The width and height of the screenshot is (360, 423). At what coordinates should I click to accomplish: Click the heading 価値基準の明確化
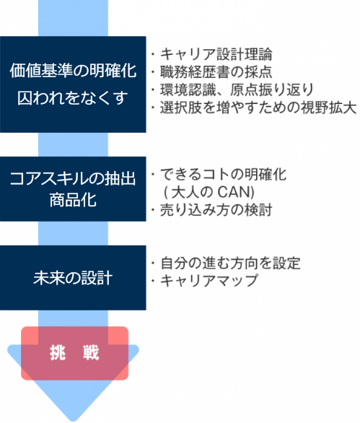73,71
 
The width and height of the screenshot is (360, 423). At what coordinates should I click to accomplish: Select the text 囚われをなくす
73,97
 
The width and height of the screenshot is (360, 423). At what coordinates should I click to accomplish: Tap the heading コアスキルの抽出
73,178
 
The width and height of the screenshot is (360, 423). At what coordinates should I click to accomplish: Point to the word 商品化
73,200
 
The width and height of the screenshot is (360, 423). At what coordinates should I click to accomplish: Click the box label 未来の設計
73,278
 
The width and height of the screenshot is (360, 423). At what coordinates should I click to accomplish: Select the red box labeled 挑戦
75,353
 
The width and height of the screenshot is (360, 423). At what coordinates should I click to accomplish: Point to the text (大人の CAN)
209,192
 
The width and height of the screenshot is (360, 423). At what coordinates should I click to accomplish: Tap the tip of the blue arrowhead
73,421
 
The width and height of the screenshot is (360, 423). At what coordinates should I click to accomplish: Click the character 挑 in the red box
58,352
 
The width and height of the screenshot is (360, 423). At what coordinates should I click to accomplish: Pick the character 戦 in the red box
91,352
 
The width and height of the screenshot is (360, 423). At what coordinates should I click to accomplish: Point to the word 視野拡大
329,108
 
